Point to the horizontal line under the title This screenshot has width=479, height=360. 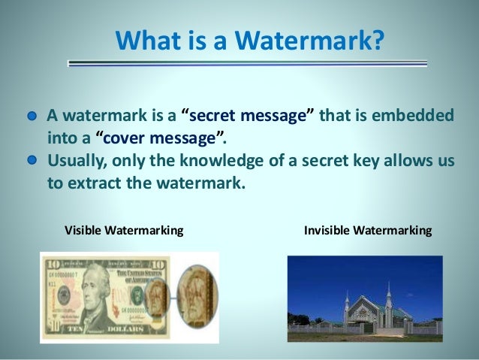[248, 65]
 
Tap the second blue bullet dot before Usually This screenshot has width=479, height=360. [32, 160]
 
